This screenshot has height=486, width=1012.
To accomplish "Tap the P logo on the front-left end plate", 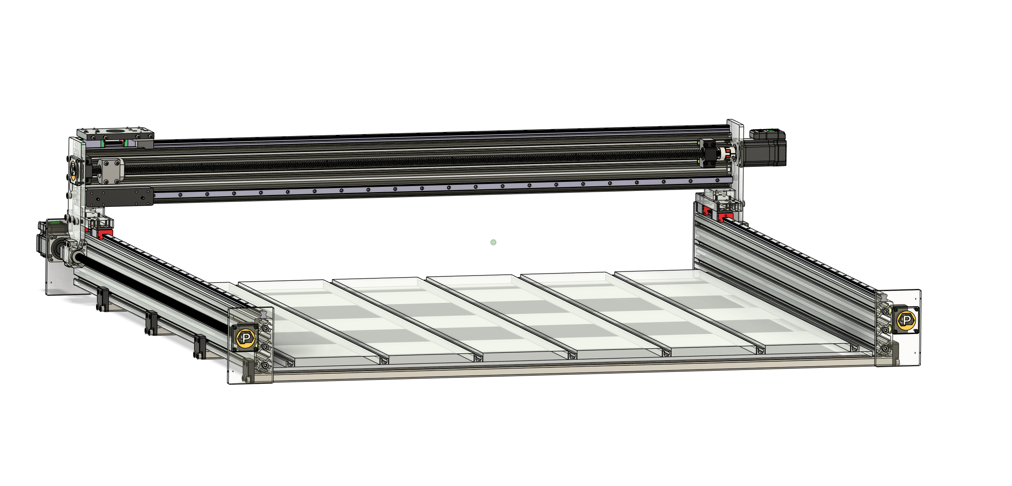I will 246,338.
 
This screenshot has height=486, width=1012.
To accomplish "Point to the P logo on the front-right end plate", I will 906,320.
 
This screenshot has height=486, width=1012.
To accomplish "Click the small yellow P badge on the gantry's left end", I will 73,169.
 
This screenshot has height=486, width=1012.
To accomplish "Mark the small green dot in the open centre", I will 493,242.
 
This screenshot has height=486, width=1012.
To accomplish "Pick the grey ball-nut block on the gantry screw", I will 111,170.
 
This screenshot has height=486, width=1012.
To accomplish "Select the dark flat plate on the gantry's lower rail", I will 119,197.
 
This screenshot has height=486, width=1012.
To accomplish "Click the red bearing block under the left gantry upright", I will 105,234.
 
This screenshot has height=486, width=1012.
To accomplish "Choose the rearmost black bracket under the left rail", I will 103,300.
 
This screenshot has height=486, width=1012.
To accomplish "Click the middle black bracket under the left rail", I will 151,323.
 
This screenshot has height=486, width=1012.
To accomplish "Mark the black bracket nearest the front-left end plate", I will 200,347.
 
